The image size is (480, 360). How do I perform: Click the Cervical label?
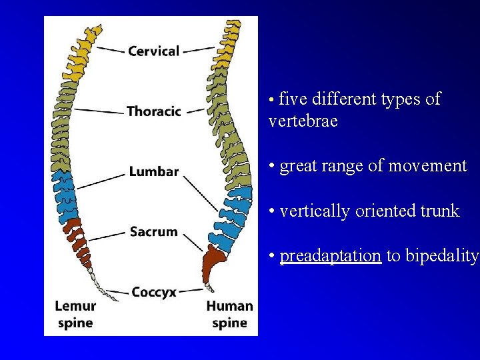(153, 51)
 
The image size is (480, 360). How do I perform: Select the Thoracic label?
(153, 111)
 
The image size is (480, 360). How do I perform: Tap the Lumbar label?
(153, 172)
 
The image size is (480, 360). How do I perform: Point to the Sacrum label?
(153, 232)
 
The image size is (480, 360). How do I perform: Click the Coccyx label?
(154, 292)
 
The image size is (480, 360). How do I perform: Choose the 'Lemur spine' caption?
(75, 315)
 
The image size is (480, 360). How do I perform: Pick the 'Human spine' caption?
(229, 315)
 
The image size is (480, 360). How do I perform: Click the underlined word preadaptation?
(331, 256)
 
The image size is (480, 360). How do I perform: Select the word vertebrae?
(303, 121)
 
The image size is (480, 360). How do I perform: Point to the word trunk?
(438, 211)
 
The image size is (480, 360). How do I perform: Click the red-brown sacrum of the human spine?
(215, 263)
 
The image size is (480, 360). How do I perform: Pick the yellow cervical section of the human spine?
(227, 47)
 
